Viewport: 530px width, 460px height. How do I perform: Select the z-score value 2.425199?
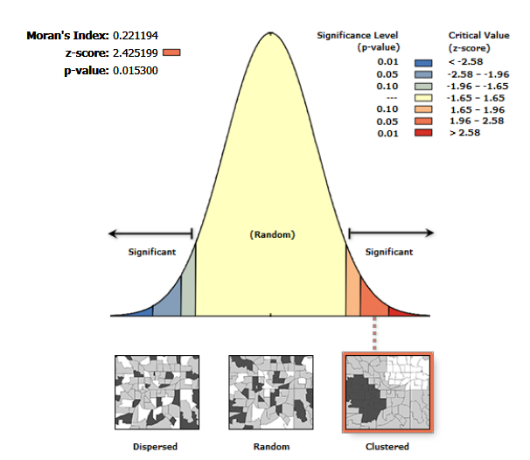(x=136, y=53)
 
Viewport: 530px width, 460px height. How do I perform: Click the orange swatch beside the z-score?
(x=171, y=53)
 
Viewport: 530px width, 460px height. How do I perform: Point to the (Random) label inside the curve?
(x=272, y=234)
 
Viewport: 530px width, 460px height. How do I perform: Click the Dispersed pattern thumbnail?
(x=158, y=392)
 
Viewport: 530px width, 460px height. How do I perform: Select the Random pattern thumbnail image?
(x=271, y=392)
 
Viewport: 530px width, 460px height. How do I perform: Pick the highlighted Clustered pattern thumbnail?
(x=386, y=392)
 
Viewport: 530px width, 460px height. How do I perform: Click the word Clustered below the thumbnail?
(x=386, y=447)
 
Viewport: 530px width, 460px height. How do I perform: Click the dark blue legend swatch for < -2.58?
(x=424, y=62)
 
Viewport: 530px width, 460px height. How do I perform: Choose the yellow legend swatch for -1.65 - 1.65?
(x=424, y=97)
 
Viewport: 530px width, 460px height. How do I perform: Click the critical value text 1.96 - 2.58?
(x=472, y=121)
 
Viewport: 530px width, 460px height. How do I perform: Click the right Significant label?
(x=389, y=252)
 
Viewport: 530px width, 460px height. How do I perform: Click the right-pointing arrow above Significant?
(x=391, y=233)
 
